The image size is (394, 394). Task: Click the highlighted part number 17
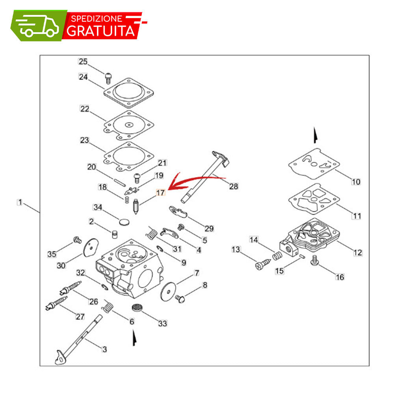click(160, 193)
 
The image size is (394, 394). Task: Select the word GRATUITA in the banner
click(101, 31)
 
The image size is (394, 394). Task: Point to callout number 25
click(83, 61)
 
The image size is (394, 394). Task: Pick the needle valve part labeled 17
click(136, 206)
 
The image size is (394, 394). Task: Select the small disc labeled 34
click(124, 222)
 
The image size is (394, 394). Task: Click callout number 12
click(358, 253)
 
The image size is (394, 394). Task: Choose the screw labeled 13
click(263, 265)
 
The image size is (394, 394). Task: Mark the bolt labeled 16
click(314, 260)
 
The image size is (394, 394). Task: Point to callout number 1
click(20, 202)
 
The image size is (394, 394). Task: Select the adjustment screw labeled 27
click(56, 303)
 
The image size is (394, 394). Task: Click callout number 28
click(233, 186)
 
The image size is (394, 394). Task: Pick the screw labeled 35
click(77, 240)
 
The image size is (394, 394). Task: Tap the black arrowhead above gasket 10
click(315, 136)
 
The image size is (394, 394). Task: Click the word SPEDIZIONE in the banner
click(97, 19)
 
